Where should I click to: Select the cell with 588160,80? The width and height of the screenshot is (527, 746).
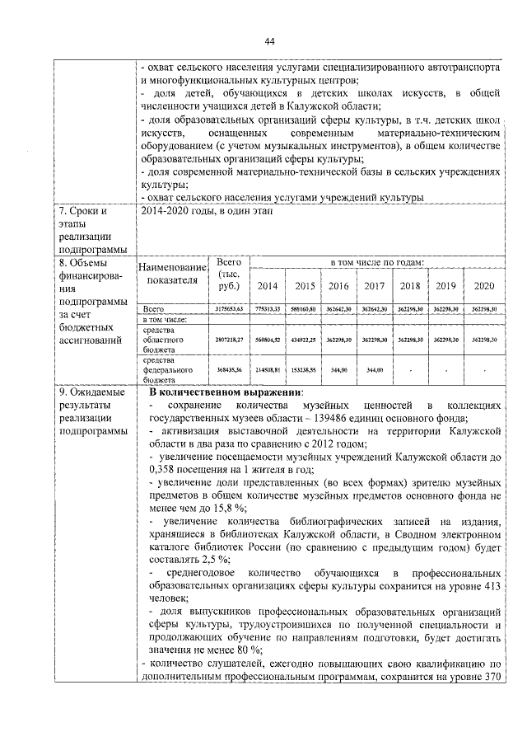pos(304,307)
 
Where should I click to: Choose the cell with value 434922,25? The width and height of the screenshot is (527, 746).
pos(304,340)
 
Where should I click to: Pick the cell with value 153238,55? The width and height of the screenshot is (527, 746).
pos(304,370)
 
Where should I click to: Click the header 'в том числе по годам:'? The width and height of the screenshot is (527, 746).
pos(376,262)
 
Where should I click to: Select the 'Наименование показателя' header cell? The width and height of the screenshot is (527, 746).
pos(171,274)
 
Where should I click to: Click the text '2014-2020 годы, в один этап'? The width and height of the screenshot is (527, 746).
pos(212,212)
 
